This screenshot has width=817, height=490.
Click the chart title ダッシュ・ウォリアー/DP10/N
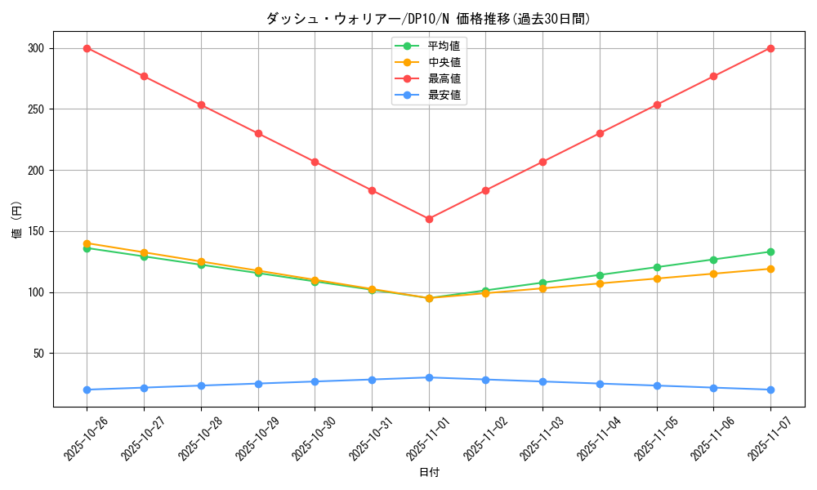(x=428, y=19)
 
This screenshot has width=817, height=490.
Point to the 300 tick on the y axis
(x=34, y=48)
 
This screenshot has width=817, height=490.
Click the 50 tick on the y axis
(x=38, y=354)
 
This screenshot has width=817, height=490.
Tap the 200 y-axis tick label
(x=34, y=171)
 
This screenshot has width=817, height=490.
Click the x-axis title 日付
(x=429, y=473)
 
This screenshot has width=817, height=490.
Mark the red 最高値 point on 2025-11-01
(x=429, y=219)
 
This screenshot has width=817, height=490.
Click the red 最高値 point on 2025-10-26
(x=87, y=48)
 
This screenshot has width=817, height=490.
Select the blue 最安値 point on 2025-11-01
(x=429, y=377)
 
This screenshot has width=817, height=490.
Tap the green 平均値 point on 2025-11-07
(x=770, y=252)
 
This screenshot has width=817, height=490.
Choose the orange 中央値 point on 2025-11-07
(x=770, y=269)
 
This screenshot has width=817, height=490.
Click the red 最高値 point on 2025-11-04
(x=600, y=133)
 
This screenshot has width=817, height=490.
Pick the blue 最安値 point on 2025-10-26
(x=87, y=390)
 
